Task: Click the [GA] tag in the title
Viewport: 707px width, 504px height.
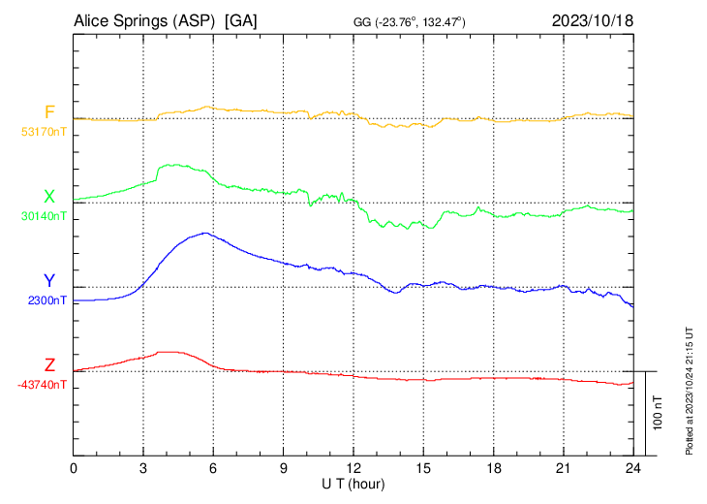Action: click(240, 20)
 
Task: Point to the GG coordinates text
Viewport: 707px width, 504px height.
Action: click(411, 21)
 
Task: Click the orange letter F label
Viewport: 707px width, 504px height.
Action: click(49, 112)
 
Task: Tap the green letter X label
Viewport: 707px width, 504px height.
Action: click(49, 197)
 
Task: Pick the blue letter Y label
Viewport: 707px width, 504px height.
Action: click(49, 281)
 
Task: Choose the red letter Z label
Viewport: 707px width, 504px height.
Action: click(49, 365)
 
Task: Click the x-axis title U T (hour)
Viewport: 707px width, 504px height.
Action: click(354, 483)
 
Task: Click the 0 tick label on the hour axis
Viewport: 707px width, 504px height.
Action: click(74, 468)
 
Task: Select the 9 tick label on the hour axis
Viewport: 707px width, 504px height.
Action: click(284, 468)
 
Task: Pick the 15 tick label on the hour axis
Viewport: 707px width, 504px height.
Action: click(423, 468)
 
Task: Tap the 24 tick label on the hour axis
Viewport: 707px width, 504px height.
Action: click(633, 468)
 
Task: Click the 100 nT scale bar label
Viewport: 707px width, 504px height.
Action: click(658, 413)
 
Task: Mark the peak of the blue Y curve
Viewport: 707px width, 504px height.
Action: click(205, 233)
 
